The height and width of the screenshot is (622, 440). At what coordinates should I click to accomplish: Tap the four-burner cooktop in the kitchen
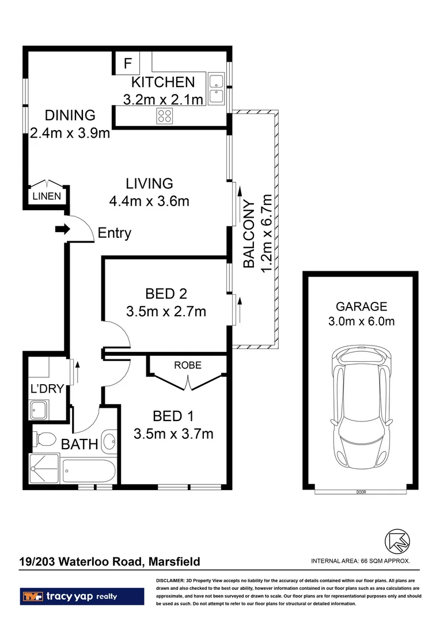coord(165,116)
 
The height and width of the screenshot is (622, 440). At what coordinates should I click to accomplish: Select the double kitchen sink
coord(217,89)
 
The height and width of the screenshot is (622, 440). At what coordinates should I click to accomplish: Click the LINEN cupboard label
coord(46,196)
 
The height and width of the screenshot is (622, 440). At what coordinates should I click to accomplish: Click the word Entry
coord(115,233)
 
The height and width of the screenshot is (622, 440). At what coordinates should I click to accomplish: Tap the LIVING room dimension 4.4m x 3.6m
coord(149,202)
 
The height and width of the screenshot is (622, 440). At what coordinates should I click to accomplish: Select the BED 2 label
coord(166,294)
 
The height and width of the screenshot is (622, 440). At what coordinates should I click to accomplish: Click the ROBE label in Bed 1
coord(187,365)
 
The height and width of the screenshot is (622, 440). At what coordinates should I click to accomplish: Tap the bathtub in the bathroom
coord(89,471)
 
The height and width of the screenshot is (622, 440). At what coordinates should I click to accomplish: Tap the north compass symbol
coord(397,540)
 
